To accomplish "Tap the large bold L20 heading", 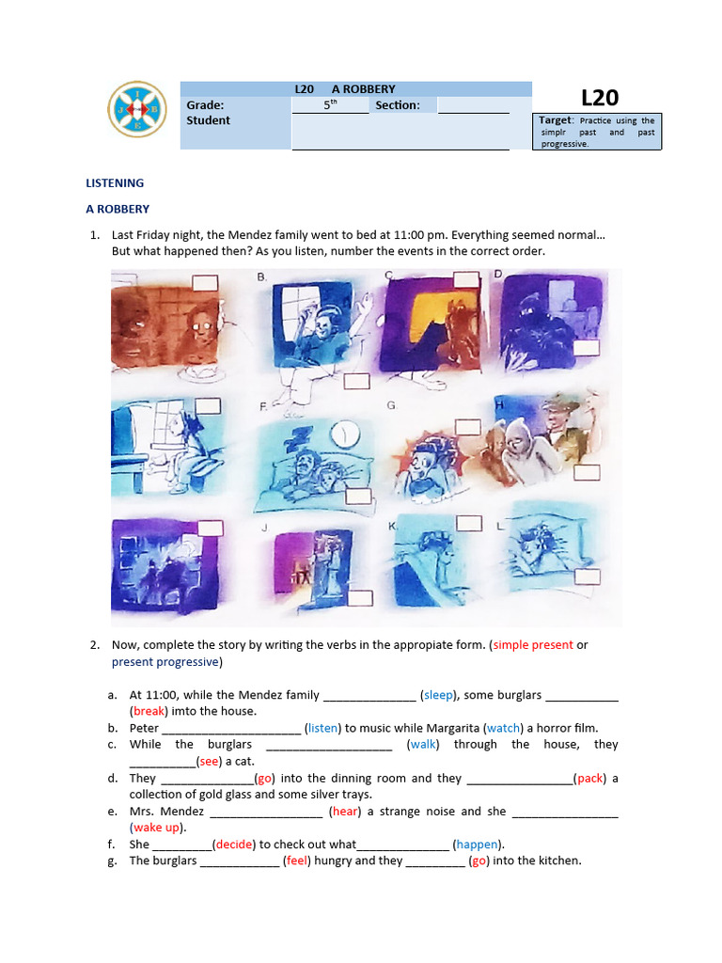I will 599,98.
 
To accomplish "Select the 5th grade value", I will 329,105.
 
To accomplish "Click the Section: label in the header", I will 397,105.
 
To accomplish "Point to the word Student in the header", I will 208,120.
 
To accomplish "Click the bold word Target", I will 556,120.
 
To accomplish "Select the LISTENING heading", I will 115,183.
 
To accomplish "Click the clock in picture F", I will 345,432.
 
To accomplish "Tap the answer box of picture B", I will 356,381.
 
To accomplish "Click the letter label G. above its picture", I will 390,405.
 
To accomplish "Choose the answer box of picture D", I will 586,348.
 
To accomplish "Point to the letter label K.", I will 393,528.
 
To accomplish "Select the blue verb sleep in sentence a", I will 438,695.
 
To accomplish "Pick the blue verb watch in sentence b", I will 504,728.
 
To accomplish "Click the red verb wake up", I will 157,828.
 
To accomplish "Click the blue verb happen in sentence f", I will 477,845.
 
